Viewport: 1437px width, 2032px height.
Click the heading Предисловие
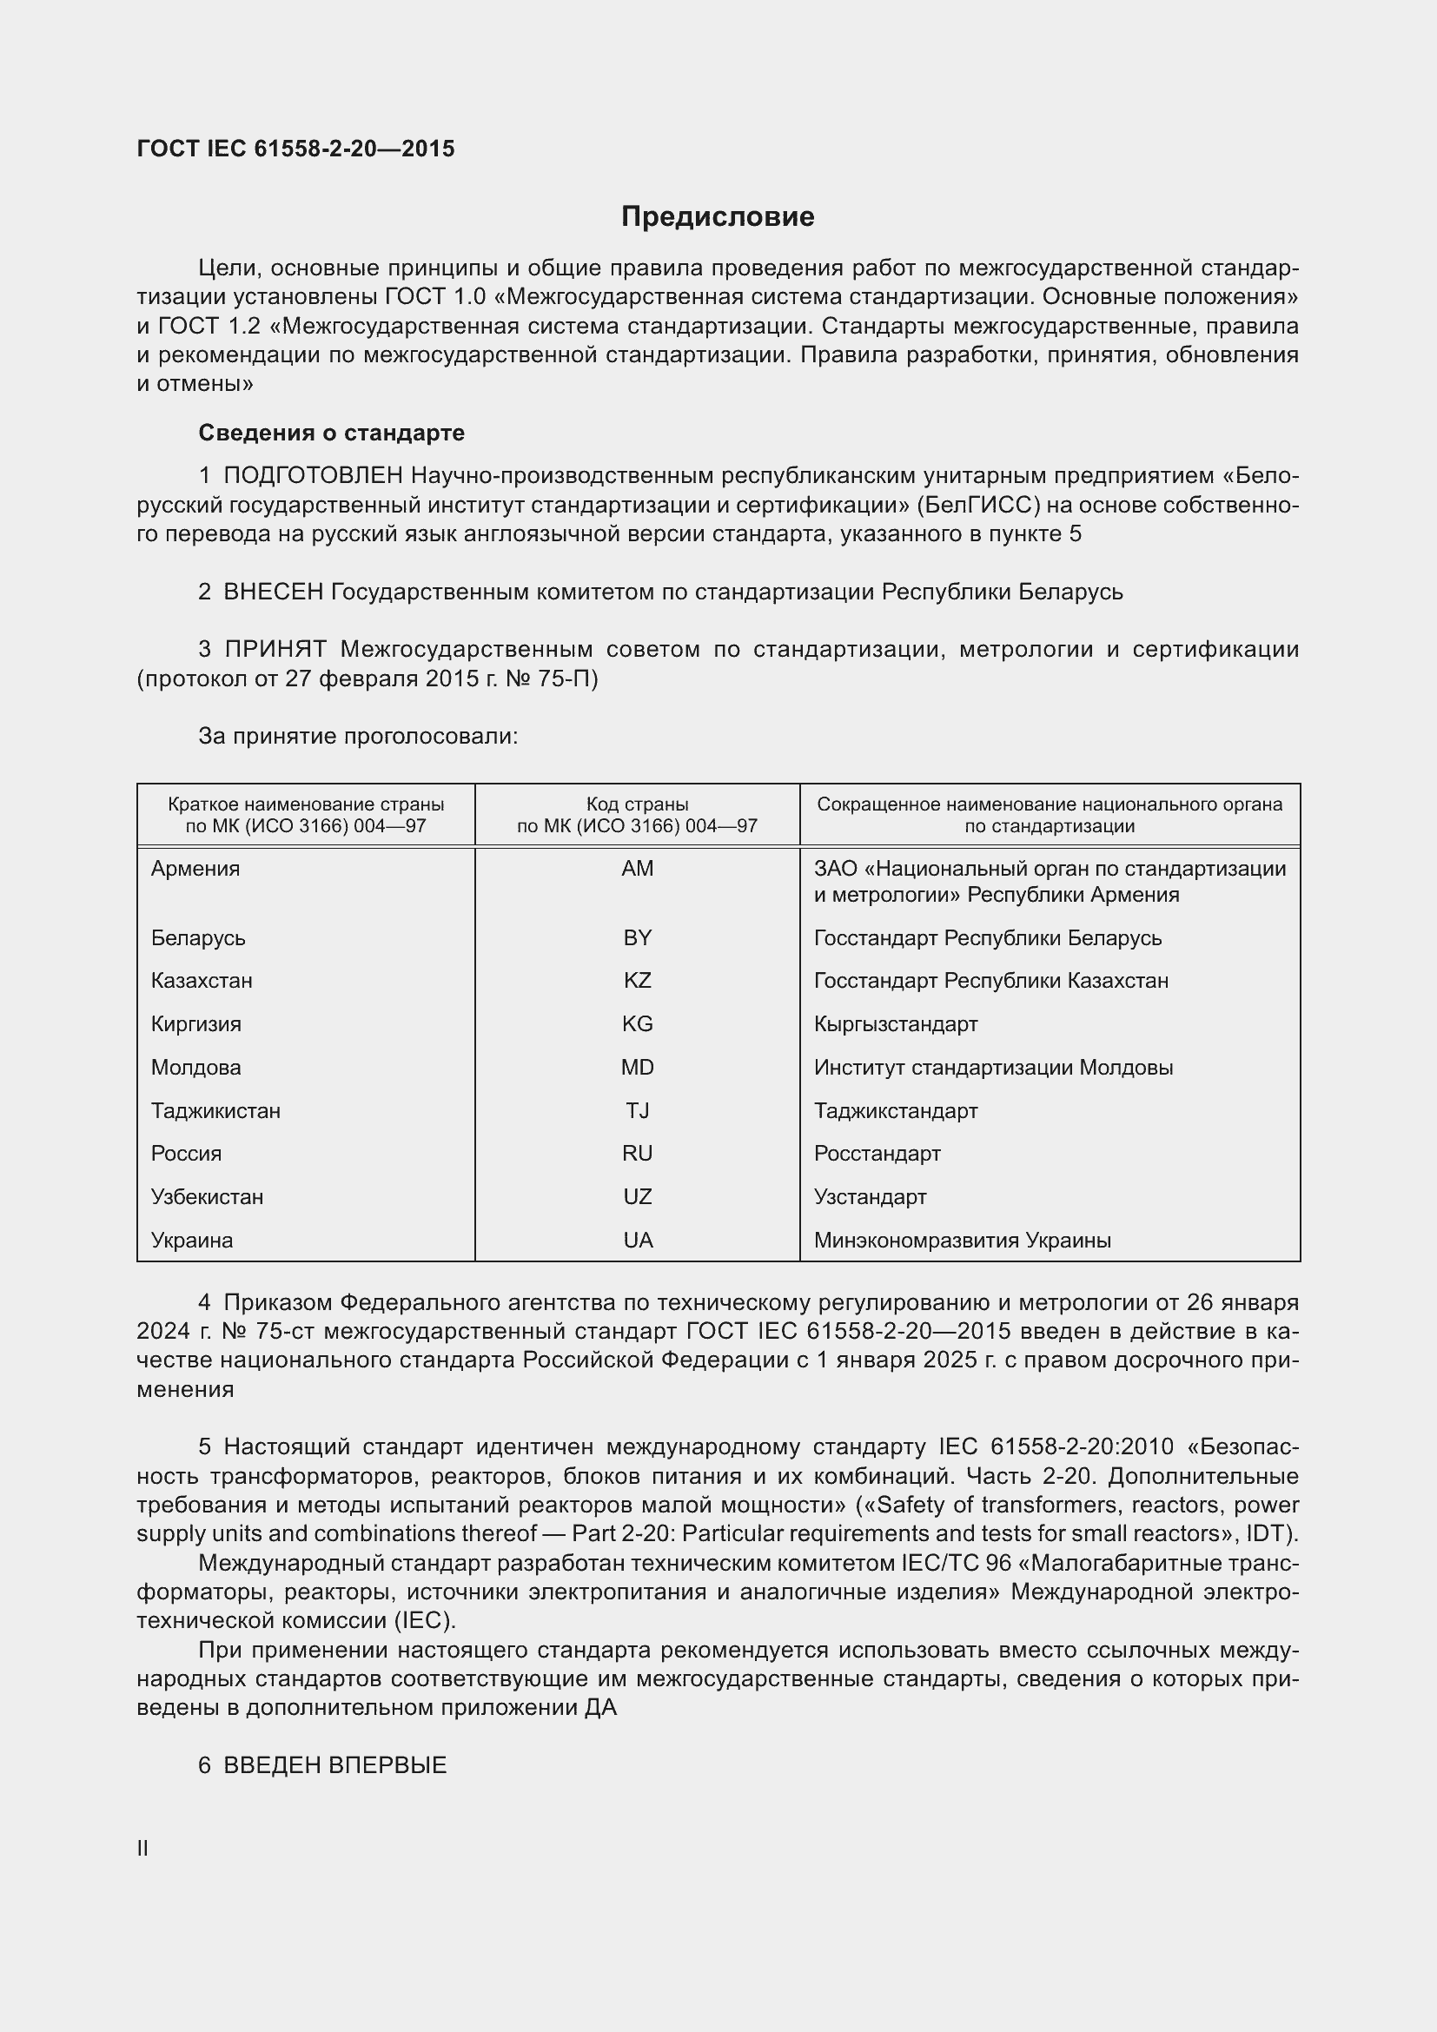[718, 217]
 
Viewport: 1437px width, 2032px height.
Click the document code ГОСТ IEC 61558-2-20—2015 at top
[295, 149]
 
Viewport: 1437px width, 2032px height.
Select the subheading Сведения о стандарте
[331, 433]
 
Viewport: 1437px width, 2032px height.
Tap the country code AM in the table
[637, 868]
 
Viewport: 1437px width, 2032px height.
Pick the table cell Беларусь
[198, 937]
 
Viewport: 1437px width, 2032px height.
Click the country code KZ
[637, 981]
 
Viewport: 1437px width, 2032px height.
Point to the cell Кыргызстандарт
[896, 1024]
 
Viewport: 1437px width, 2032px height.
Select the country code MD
[637, 1068]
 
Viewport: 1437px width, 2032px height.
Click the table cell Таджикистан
[216, 1111]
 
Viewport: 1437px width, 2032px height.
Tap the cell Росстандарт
[877, 1153]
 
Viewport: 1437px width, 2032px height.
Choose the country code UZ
[637, 1196]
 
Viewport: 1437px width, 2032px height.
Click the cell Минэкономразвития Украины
[962, 1240]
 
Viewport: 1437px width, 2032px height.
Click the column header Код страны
[637, 804]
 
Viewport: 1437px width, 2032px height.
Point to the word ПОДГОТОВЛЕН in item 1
[314, 476]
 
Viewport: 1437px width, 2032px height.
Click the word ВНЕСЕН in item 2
[274, 592]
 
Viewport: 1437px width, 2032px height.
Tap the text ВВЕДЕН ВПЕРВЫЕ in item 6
[334, 1764]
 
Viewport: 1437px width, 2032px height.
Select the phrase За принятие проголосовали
[357, 737]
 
